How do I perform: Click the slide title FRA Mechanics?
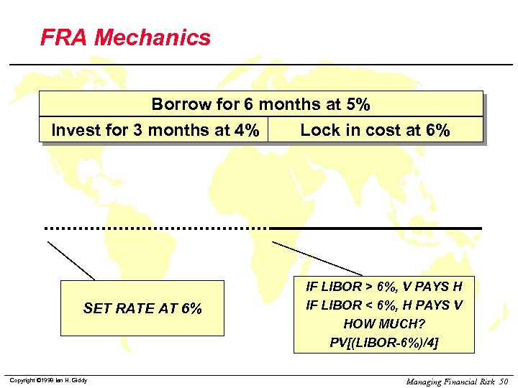(x=125, y=37)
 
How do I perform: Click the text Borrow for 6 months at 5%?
(x=260, y=105)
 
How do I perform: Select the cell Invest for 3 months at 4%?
(x=155, y=130)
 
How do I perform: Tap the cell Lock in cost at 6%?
(x=375, y=130)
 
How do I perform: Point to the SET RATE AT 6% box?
(x=142, y=308)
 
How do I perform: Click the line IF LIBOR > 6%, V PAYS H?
(x=384, y=287)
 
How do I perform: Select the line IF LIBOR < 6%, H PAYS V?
(x=384, y=305)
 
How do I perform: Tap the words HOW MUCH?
(x=384, y=324)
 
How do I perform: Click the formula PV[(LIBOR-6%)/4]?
(x=384, y=342)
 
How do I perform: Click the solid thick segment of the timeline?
(x=375, y=228)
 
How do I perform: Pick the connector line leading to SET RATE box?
(x=71, y=260)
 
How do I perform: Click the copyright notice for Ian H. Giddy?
(x=48, y=380)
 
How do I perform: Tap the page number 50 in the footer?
(x=502, y=381)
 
